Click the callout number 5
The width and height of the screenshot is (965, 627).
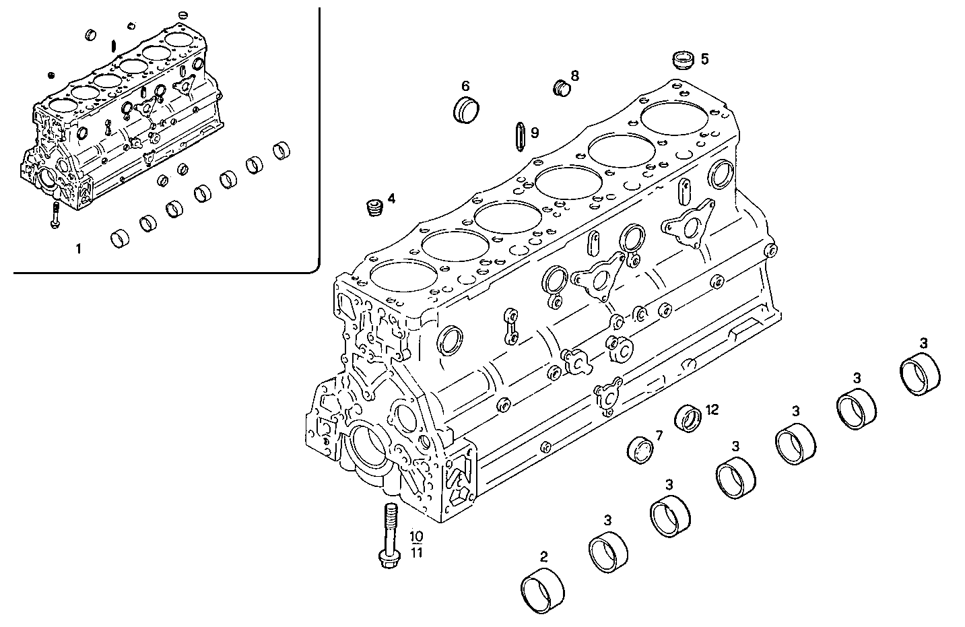tap(704, 59)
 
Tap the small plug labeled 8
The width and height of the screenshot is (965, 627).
tap(561, 88)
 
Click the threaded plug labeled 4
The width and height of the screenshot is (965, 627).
tap(372, 207)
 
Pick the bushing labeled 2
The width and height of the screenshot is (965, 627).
tap(543, 592)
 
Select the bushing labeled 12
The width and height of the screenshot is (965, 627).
tap(688, 418)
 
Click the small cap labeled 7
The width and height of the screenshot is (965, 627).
tap(640, 451)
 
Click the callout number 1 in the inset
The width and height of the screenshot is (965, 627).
tap(78, 249)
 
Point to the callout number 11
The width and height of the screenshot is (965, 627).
tap(417, 553)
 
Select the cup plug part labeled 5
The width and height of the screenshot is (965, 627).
tap(684, 59)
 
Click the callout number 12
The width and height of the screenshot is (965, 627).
tap(712, 409)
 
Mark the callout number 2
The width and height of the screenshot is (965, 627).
tap(543, 557)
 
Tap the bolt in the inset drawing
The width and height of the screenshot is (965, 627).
tap(54, 216)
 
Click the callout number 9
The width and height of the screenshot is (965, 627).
tap(535, 133)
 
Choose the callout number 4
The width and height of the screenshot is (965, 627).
tap(391, 199)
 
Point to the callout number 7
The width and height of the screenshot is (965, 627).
tap(659, 436)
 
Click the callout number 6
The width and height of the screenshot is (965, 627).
tap(465, 86)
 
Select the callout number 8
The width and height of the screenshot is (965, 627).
tap(574, 75)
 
